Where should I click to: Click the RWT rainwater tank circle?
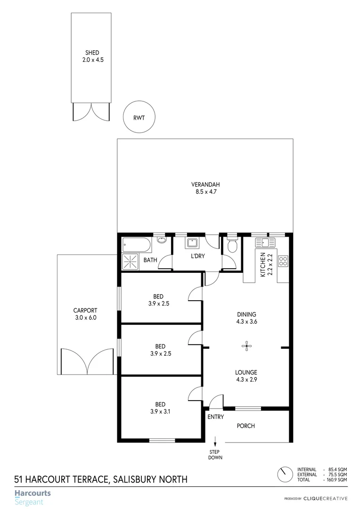(139, 116)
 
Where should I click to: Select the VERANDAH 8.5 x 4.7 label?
(205, 188)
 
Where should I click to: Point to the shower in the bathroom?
(130, 262)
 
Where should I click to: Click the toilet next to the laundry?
(232, 246)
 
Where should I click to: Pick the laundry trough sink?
(192, 244)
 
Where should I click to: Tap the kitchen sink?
(265, 243)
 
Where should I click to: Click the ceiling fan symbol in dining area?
(246, 346)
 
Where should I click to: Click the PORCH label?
(245, 426)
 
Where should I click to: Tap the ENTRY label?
(215, 417)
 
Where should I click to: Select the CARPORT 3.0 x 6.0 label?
(85, 314)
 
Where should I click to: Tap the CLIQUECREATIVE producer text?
(325, 498)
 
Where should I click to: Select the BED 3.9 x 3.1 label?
(160, 408)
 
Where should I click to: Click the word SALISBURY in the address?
(135, 480)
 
